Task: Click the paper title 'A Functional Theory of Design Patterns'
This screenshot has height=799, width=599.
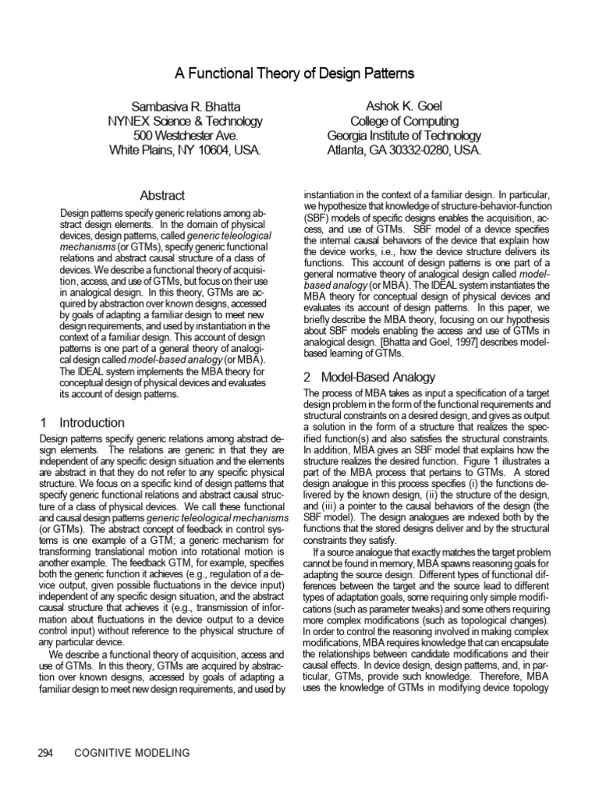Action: coord(299,74)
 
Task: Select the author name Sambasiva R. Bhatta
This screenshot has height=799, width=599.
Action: coord(185,105)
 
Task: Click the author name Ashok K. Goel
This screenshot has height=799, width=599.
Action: coord(404,105)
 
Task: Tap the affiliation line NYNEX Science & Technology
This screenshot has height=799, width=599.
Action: coord(185,121)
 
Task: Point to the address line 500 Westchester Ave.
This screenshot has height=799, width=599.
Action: coord(185,135)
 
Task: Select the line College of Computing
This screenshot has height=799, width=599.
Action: coord(404,121)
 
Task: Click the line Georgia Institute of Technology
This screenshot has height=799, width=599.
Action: coord(404,135)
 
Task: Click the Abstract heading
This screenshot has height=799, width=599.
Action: coord(162,195)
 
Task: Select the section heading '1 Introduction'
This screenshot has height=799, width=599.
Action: coord(82,422)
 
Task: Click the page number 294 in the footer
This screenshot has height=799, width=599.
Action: coord(46,752)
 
